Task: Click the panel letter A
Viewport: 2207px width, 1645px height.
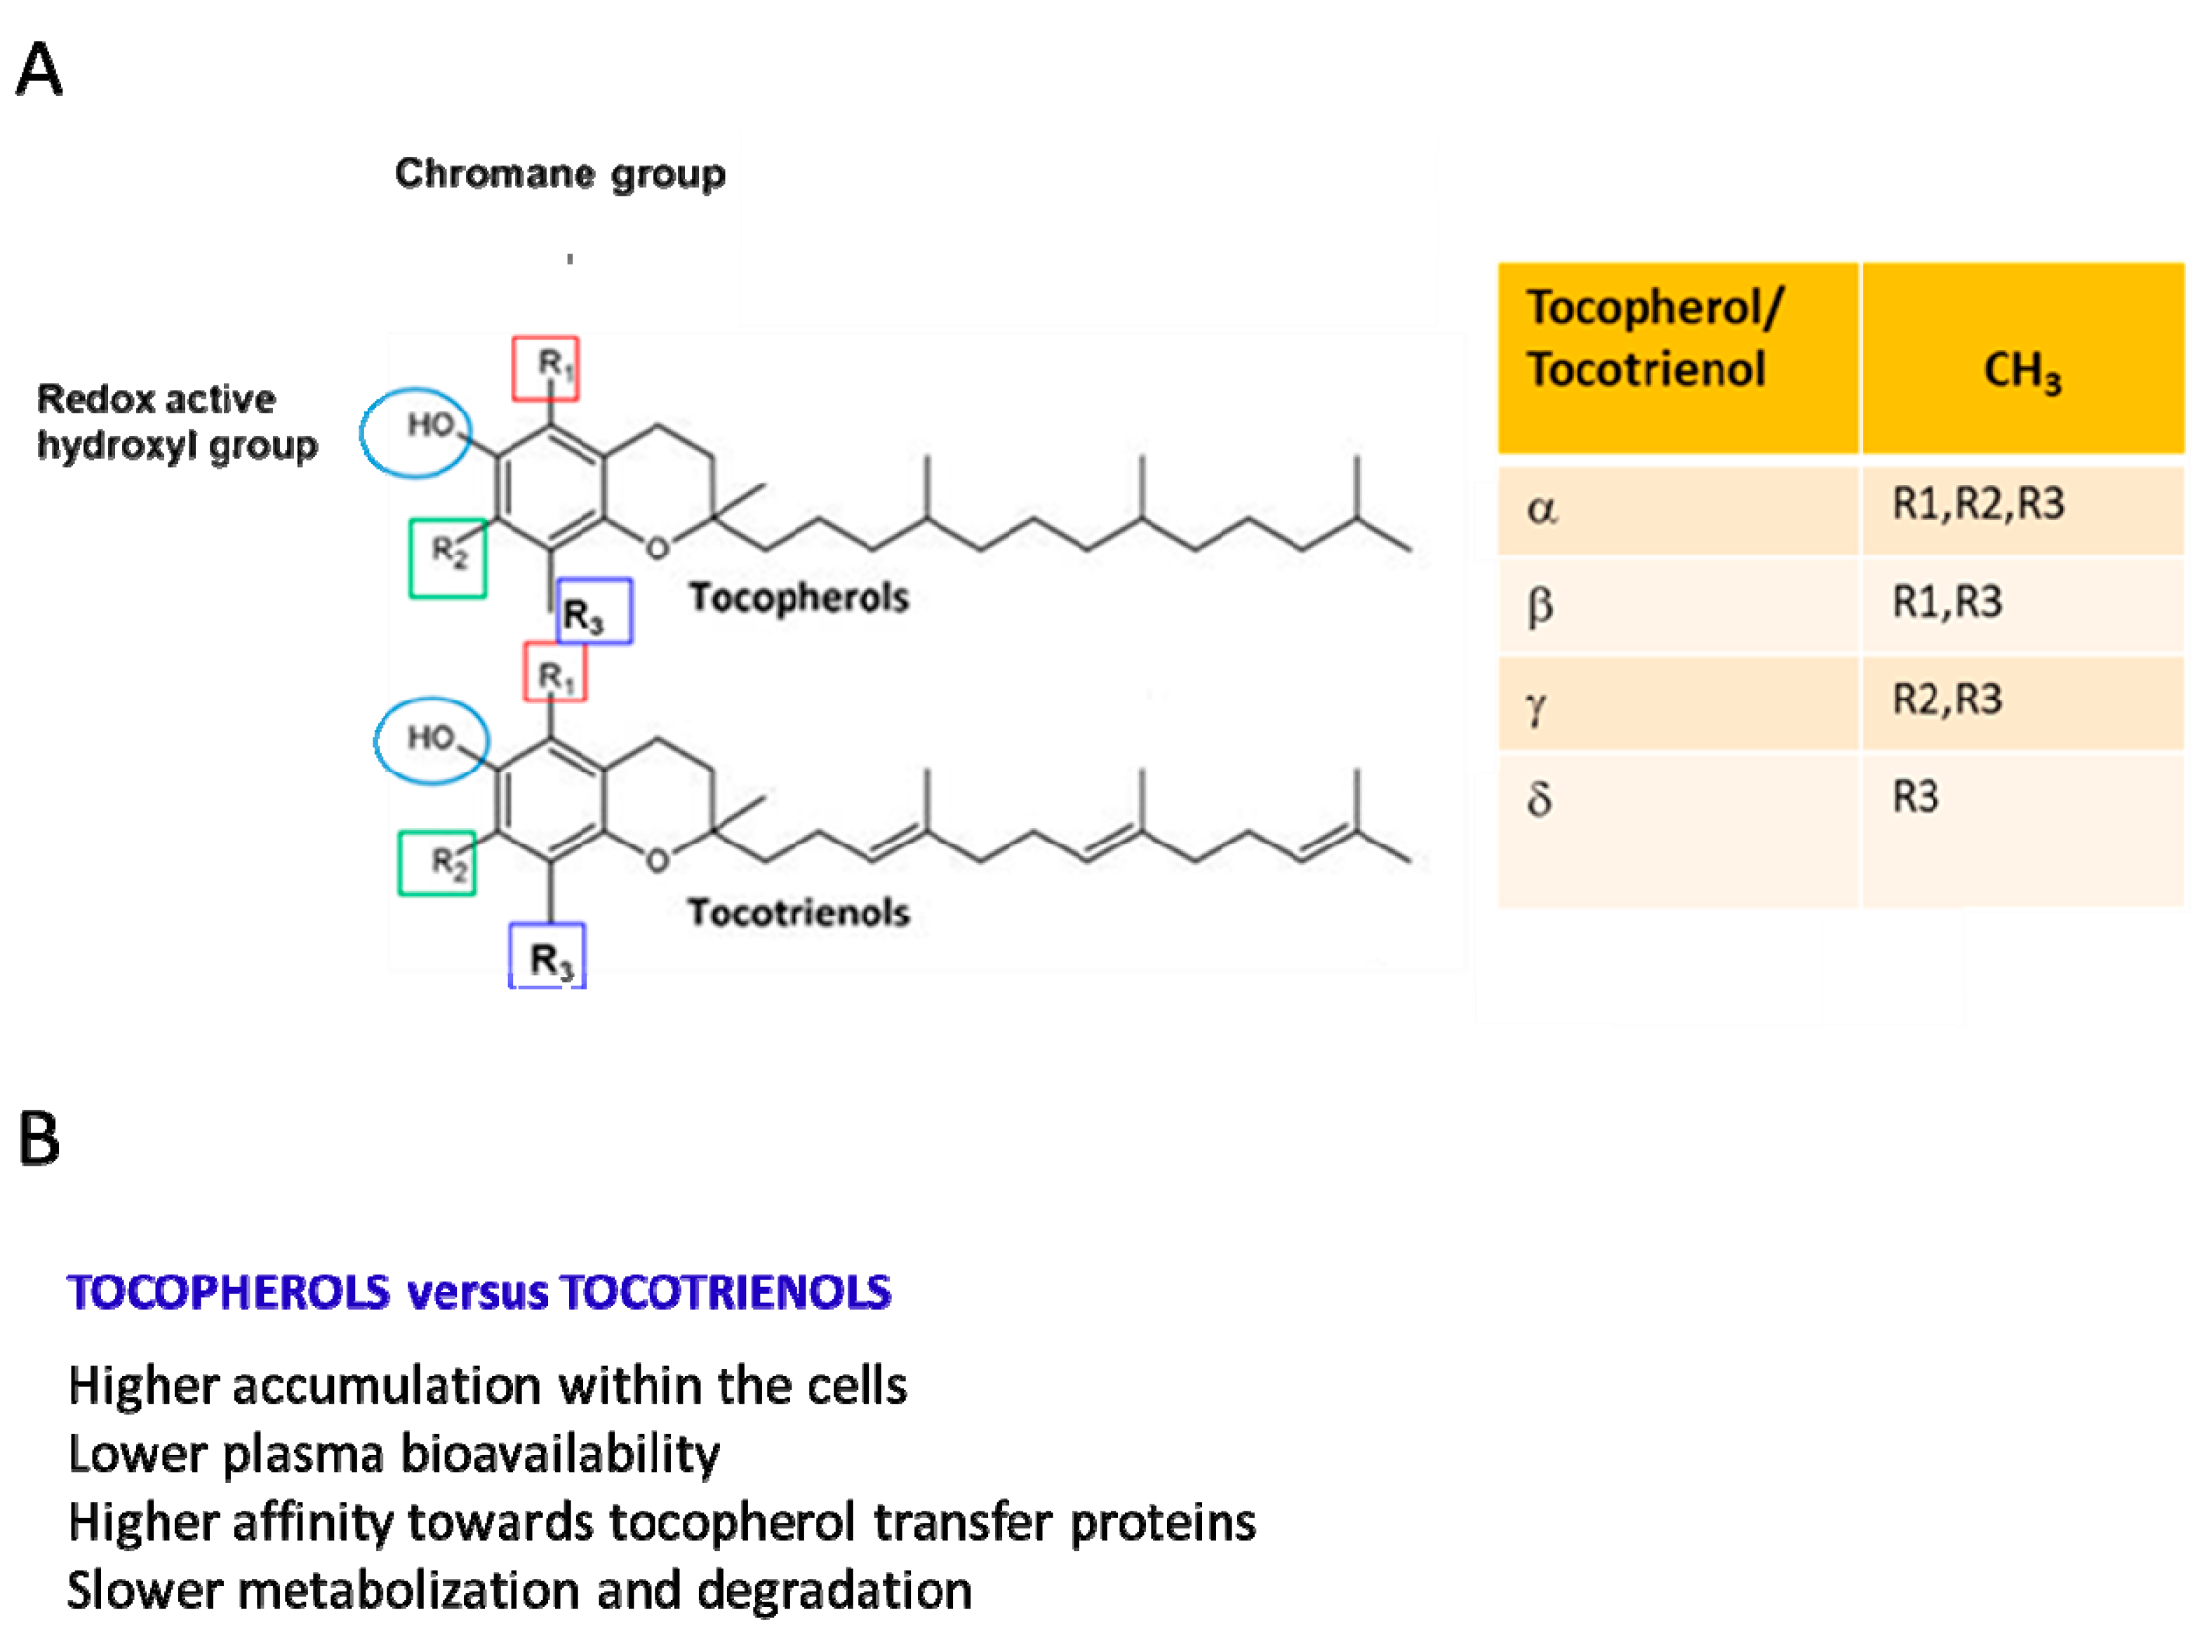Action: [x=40, y=69]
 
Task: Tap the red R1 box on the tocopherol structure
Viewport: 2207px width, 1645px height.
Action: [x=545, y=368]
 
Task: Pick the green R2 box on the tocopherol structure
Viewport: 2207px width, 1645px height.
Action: [x=448, y=558]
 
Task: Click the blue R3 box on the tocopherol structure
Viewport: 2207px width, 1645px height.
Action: [x=593, y=611]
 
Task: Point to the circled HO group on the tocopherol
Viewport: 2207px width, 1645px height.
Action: [x=415, y=432]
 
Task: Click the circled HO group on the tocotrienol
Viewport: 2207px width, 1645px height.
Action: [x=430, y=740]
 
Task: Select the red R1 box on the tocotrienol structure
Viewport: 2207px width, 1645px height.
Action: [x=554, y=672]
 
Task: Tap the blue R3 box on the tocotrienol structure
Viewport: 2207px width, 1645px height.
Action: [x=547, y=956]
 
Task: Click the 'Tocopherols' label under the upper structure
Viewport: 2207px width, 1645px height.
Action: [x=799, y=597]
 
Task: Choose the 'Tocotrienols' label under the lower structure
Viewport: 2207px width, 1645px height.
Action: [x=799, y=912]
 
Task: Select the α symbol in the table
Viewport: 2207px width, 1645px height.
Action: [x=1541, y=509]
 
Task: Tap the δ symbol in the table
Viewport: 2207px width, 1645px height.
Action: [x=1539, y=798]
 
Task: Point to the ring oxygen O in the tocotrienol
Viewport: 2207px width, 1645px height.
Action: [x=657, y=860]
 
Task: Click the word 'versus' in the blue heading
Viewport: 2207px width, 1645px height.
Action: [x=479, y=1293]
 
